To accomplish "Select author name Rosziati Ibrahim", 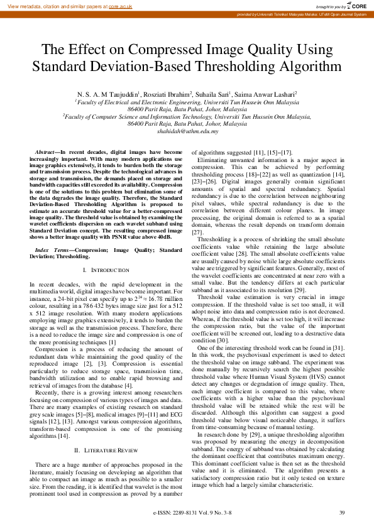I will pos(168,93).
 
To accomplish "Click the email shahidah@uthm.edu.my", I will pos(187,131).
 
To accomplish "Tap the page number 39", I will pos(342,512).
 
